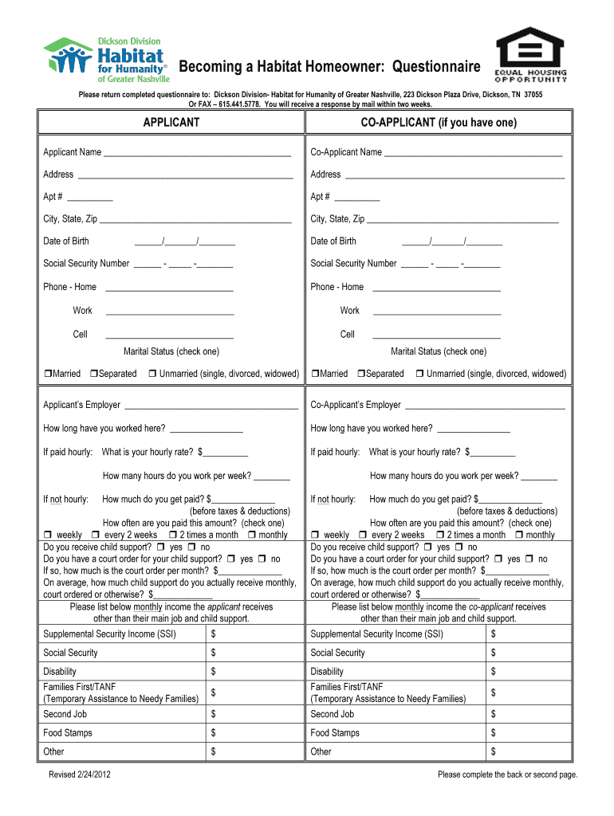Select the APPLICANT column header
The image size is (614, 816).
(171, 122)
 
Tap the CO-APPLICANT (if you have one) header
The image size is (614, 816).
(439, 122)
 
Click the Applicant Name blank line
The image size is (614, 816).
(197, 153)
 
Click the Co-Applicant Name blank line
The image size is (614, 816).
(474, 153)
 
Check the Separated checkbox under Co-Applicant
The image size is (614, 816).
(361, 374)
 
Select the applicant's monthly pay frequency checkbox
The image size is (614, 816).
(252, 535)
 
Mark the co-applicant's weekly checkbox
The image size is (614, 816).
(315, 535)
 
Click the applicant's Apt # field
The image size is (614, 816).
(90, 198)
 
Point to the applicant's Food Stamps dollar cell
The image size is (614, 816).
(255, 733)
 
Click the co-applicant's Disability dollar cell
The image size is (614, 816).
(529, 672)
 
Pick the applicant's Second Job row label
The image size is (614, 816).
(65, 715)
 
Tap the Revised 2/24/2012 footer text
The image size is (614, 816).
(79, 775)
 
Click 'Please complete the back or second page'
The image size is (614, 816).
(507, 775)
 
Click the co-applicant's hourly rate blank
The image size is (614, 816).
(493, 453)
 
